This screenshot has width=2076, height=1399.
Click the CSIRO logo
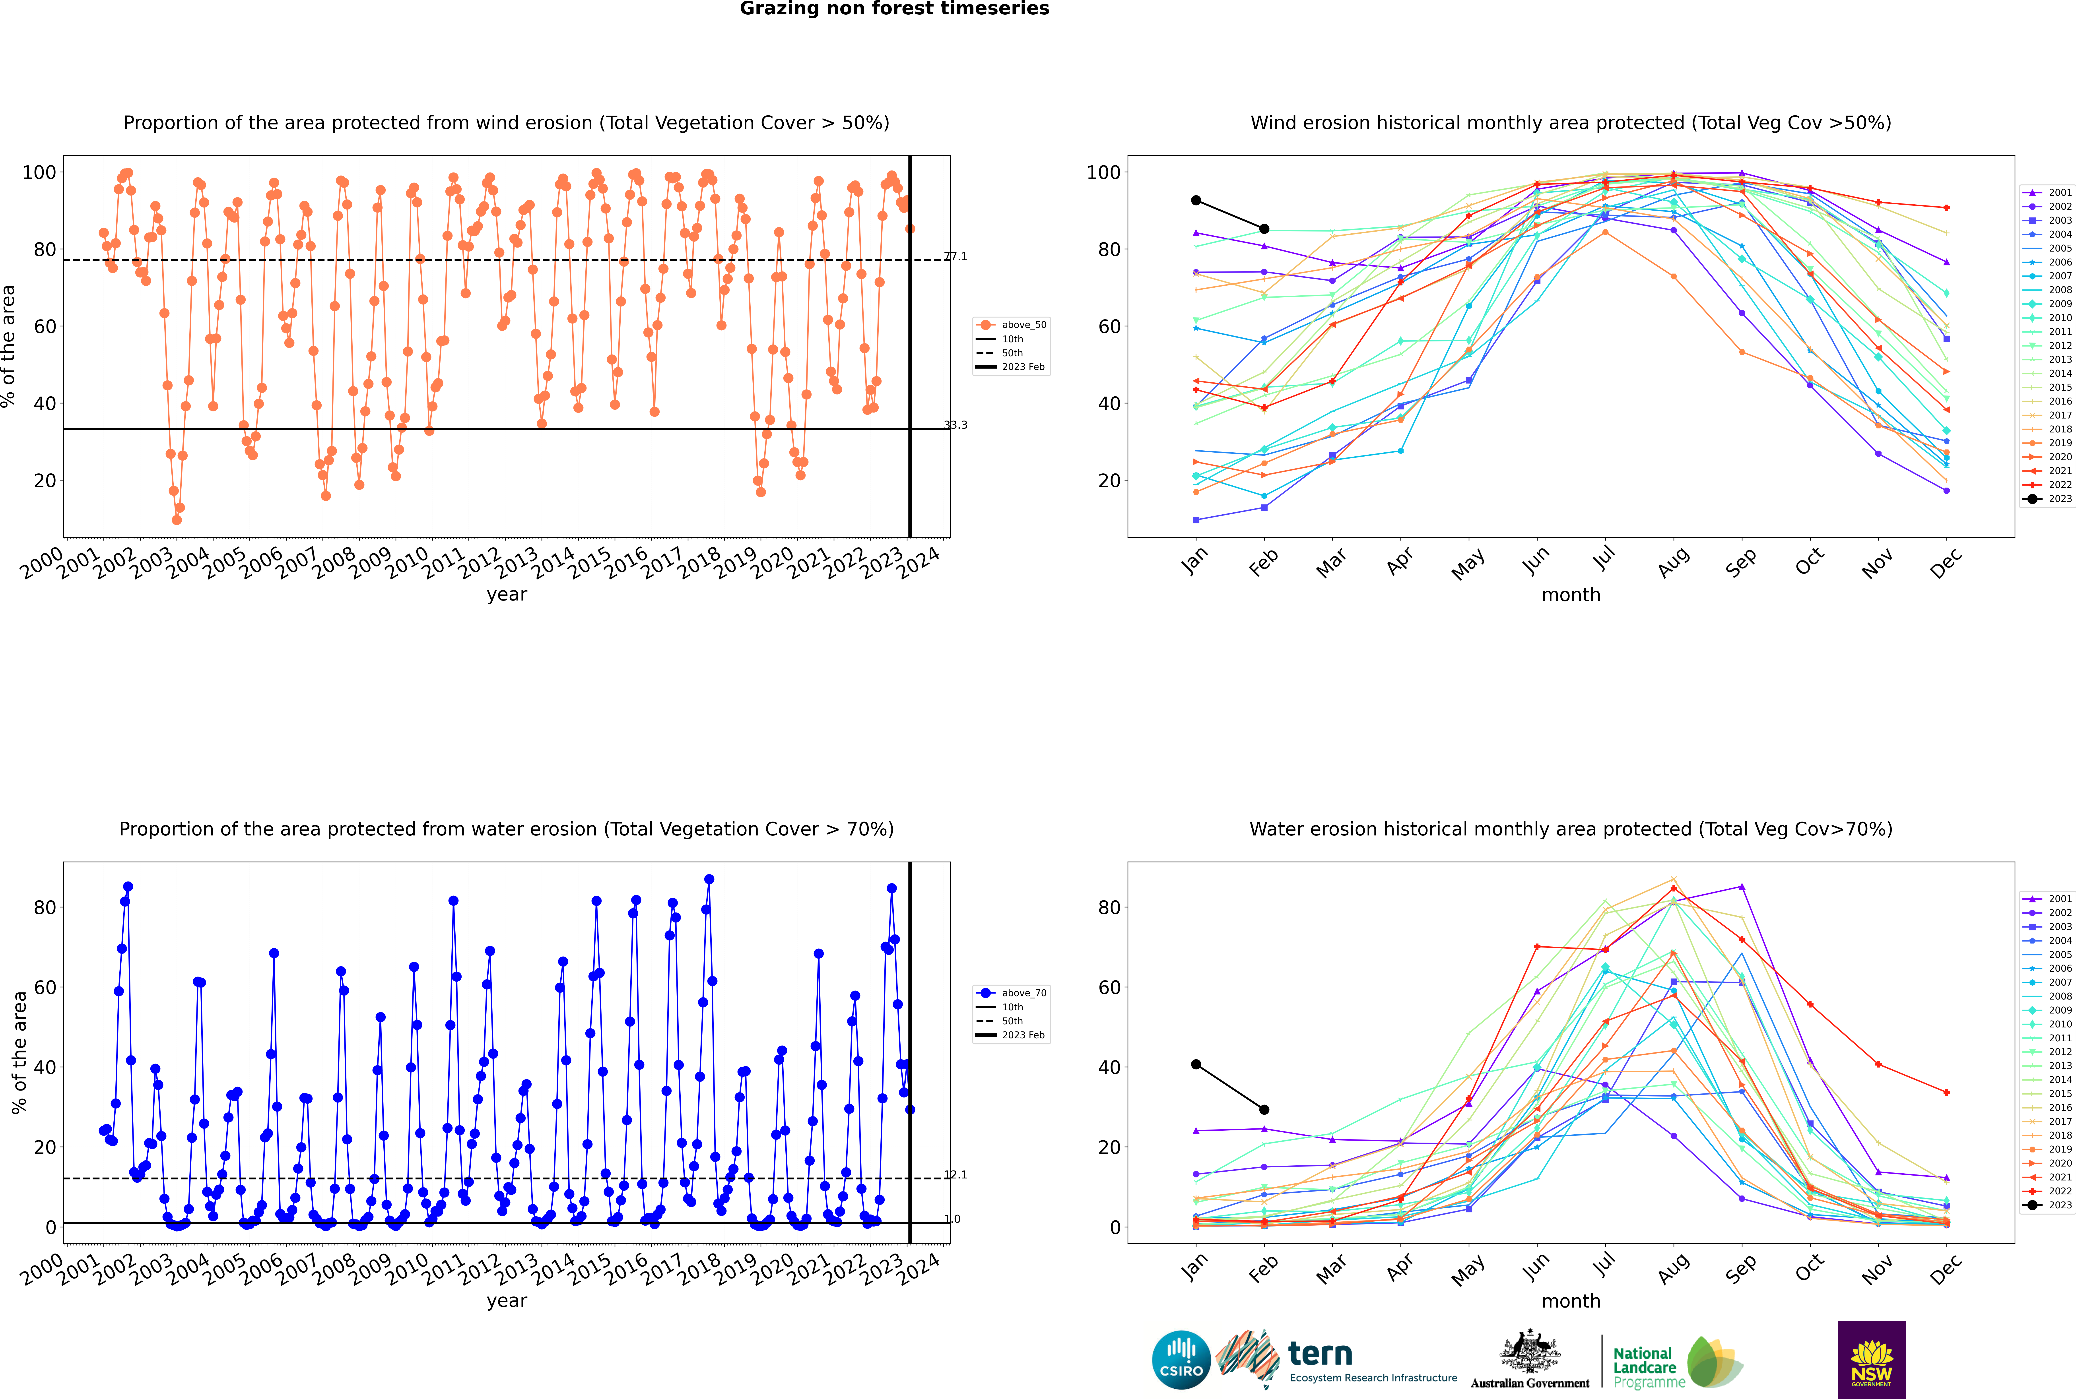[x=1181, y=1361]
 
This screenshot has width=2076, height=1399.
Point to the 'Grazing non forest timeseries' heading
[x=894, y=9]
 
